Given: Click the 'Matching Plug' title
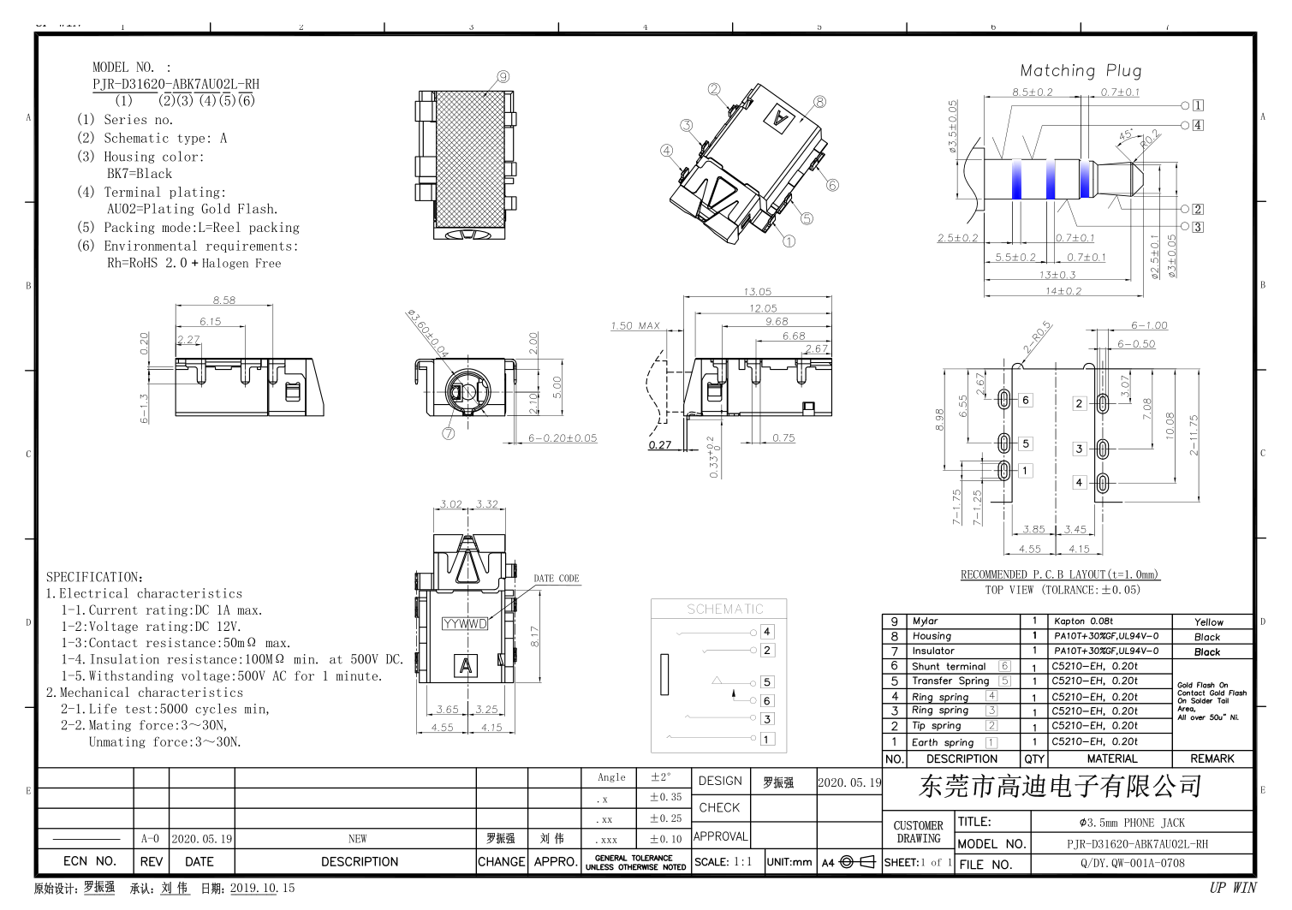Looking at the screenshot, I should point(1081,71).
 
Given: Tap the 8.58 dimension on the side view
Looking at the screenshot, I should point(224,300).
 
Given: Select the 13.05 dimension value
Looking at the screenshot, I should point(757,292).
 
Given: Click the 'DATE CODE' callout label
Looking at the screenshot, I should point(557,579).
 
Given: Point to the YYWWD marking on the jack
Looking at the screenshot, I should point(465,624).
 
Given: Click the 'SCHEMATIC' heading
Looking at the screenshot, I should point(724,610).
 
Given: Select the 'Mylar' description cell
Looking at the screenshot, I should point(926,622).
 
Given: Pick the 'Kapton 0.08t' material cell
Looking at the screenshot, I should point(1083,622).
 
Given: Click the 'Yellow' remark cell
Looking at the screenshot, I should point(1208,622).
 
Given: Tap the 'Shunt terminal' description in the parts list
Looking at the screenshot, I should point(949,667).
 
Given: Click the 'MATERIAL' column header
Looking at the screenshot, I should point(1112,759).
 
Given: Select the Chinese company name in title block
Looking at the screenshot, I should point(1060,786).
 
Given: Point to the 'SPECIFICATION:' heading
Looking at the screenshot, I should point(94,577).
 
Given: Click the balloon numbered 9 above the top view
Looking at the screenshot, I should point(503,77).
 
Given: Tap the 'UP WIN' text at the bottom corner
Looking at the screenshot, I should point(1232,888).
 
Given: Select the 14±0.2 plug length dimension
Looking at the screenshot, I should point(1063,291).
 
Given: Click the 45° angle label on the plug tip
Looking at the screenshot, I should point(1125,135).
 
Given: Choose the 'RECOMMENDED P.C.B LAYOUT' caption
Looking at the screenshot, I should point(1059,574).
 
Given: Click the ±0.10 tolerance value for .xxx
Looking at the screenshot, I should point(665,840).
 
